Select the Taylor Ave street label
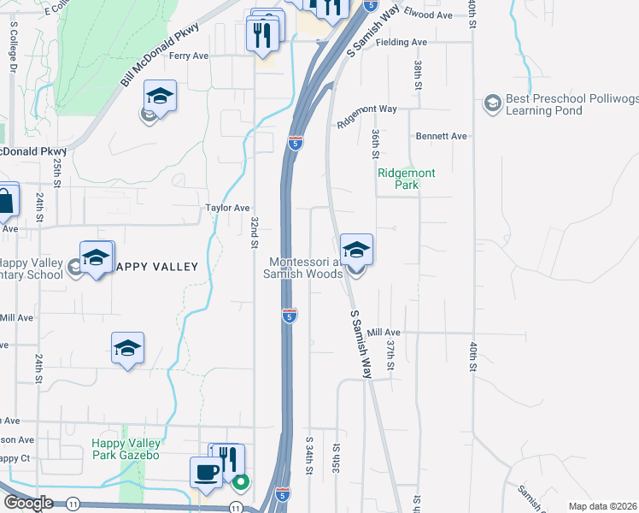coord(227,208)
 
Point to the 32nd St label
coord(255,232)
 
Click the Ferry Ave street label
coord(189,56)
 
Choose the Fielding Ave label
coord(401,42)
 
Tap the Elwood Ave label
coord(428,15)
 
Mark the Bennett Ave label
coord(442,136)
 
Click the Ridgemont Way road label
coord(367,115)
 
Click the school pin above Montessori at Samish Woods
coord(356,251)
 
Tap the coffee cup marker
coord(206,473)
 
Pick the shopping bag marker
coord(6,202)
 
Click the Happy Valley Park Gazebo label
coord(126,449)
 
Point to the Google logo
coord(28,503)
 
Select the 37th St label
coord(390,353)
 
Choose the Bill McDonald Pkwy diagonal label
coord(160,56)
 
